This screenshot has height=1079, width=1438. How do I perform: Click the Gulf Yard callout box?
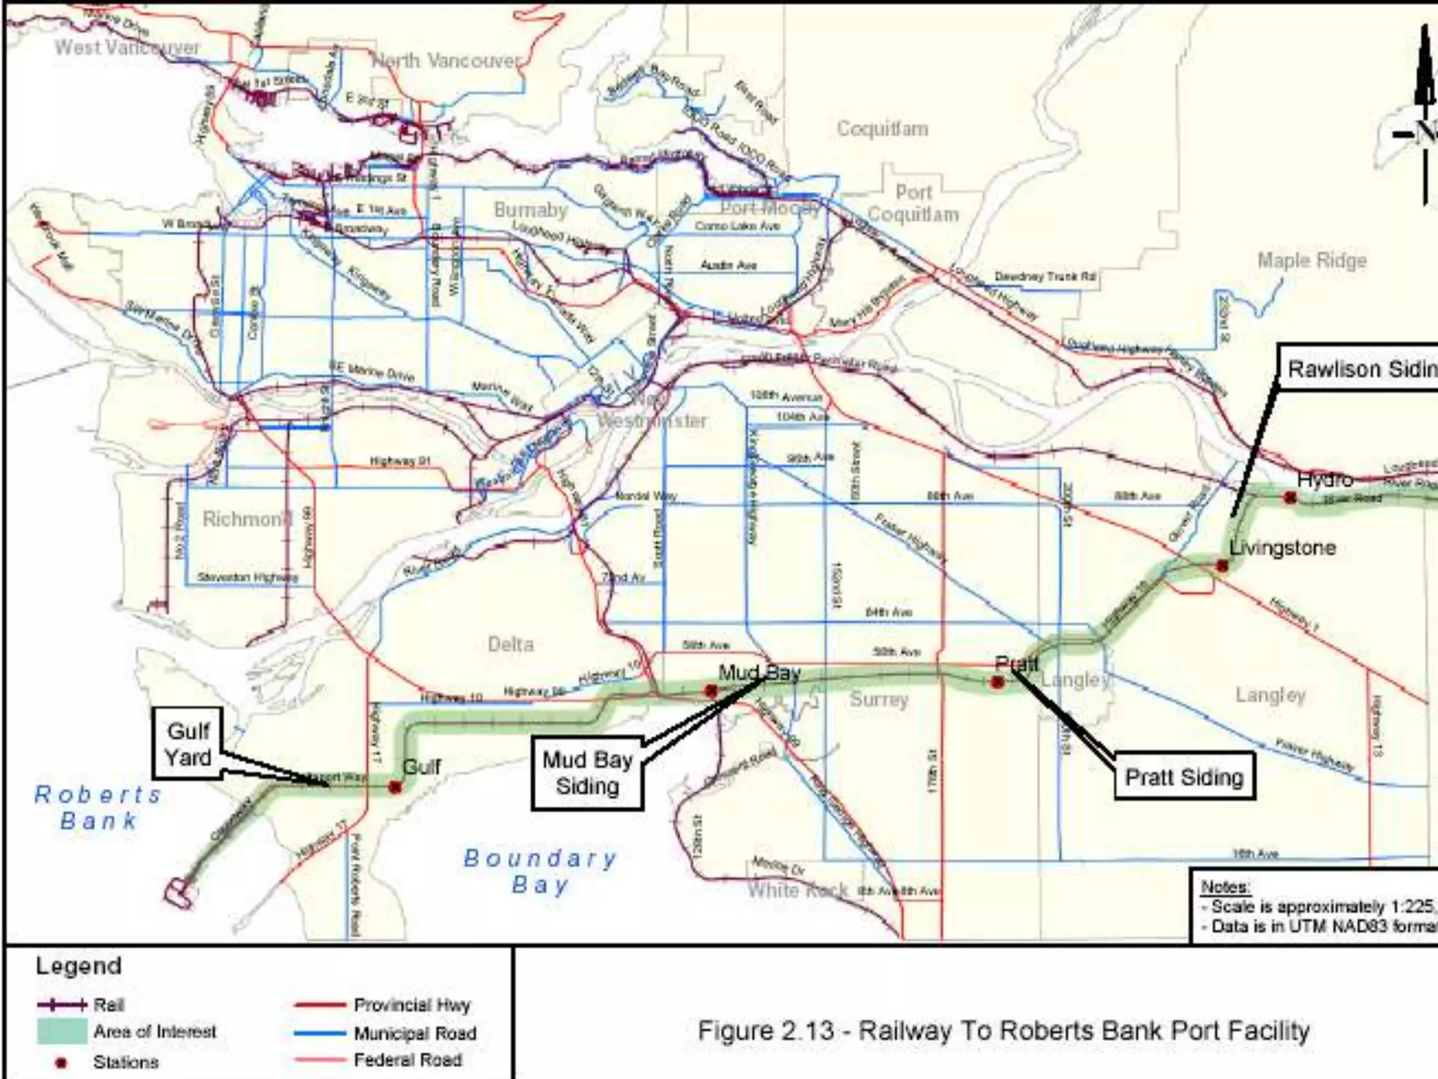click(188, 744)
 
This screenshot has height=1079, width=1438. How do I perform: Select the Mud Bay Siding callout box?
click(587, 773)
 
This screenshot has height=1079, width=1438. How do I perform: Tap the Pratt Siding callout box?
click(1184, 777)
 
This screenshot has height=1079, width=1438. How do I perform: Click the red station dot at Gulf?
click(395, 787)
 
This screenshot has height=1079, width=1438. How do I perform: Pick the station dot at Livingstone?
click(1222, 565)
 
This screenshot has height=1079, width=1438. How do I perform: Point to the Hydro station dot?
click(1290, 497)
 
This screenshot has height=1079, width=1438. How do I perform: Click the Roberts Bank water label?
click(98, 807)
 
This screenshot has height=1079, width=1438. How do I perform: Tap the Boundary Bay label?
click(540, 871)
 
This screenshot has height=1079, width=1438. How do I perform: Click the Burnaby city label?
click(530, 209)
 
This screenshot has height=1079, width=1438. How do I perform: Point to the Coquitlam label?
click(882, 129)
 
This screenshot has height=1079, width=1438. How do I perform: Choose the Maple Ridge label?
click(1312, 261)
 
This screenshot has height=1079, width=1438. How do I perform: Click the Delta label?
click(510, 644)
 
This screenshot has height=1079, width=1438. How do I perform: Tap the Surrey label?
click(878, 699)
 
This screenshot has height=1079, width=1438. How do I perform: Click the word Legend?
click(79, 966)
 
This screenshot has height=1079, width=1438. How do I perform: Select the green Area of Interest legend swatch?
click(62, 1031)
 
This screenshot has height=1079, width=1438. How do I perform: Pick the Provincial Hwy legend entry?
click(411, 1005)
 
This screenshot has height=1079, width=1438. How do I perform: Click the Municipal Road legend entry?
click(414, 1033)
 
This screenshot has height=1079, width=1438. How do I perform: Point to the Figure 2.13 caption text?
click(1003, 1031)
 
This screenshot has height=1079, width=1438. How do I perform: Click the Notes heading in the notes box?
click(1225, 887)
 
